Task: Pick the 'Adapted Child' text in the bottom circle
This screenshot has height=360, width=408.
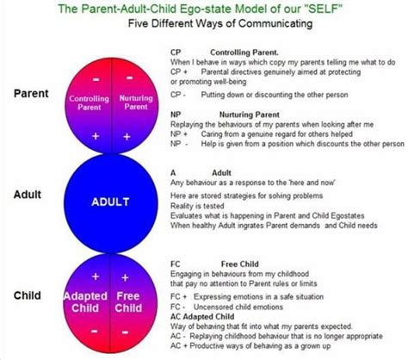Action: click(x=87, y=302)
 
